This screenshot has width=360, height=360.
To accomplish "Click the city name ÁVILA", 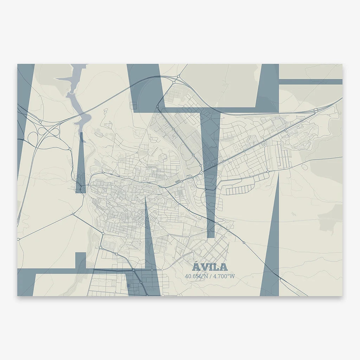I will [210, 268].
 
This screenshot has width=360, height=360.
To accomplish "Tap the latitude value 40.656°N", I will [196, 276].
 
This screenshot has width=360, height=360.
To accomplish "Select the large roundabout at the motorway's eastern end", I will [316, 110].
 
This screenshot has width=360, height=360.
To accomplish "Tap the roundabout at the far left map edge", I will [19, 239].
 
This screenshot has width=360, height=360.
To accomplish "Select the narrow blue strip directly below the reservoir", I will [81, 162].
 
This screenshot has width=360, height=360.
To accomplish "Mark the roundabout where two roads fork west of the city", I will [73, 213].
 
